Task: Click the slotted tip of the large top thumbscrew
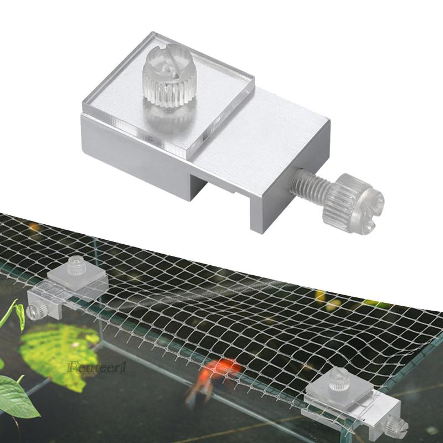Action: tap(165, 58)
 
